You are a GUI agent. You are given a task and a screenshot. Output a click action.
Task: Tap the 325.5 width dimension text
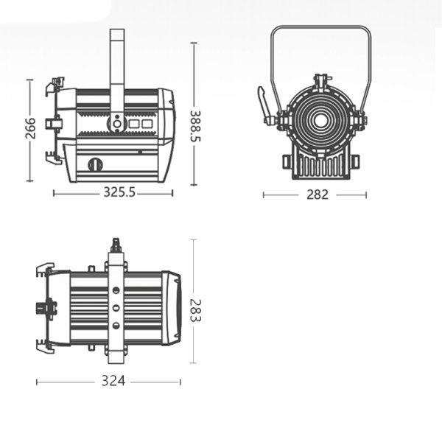point(119,193)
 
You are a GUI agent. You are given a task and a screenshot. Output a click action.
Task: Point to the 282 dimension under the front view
point(317,195)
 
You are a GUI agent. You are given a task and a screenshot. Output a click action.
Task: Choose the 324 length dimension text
point(113,382)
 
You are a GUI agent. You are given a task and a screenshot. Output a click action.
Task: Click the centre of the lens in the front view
point(322,119)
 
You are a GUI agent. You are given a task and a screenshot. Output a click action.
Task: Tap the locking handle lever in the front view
point(263,102)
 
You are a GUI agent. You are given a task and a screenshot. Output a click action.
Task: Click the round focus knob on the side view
point(94,164)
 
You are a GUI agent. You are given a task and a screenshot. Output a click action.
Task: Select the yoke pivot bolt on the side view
point(116,123)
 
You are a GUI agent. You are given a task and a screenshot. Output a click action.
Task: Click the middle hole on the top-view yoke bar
point(116,308)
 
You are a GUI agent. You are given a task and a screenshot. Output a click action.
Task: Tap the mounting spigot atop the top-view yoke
point(116,245)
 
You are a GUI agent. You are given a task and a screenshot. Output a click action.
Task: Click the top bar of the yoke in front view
point(320,29)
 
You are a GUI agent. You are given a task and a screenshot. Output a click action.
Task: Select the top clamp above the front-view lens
point(322,79)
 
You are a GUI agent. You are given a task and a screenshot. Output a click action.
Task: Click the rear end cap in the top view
point(174,308)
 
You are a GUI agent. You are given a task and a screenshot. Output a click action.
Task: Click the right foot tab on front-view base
point(354,161)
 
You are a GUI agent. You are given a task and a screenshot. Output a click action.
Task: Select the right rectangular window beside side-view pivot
point(147,124)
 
